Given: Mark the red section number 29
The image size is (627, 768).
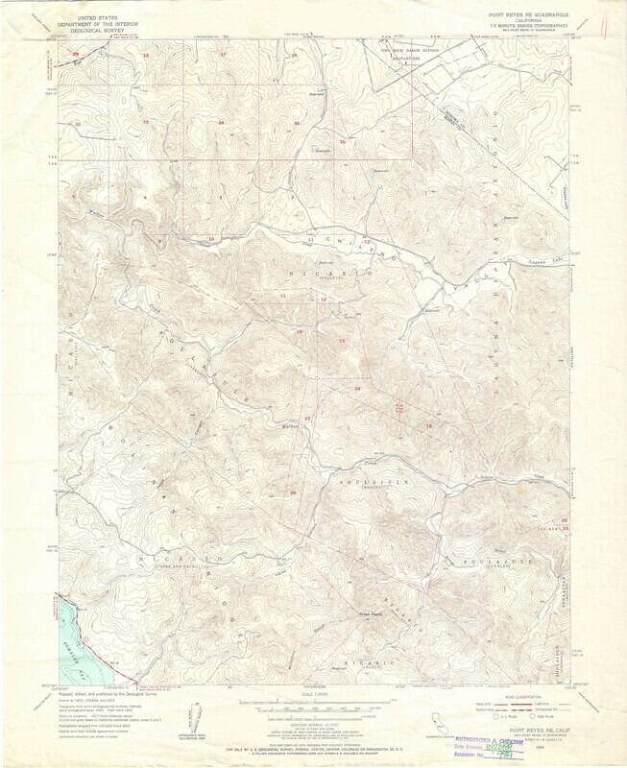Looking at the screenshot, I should [x=77, y=55].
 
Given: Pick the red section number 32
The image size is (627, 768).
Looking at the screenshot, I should [x=78, y=124].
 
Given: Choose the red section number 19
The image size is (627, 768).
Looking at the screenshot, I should [x=429, y=425].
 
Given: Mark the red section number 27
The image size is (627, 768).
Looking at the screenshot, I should [x=223, y=55].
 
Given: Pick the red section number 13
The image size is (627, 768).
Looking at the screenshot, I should [x=341, y=341].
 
